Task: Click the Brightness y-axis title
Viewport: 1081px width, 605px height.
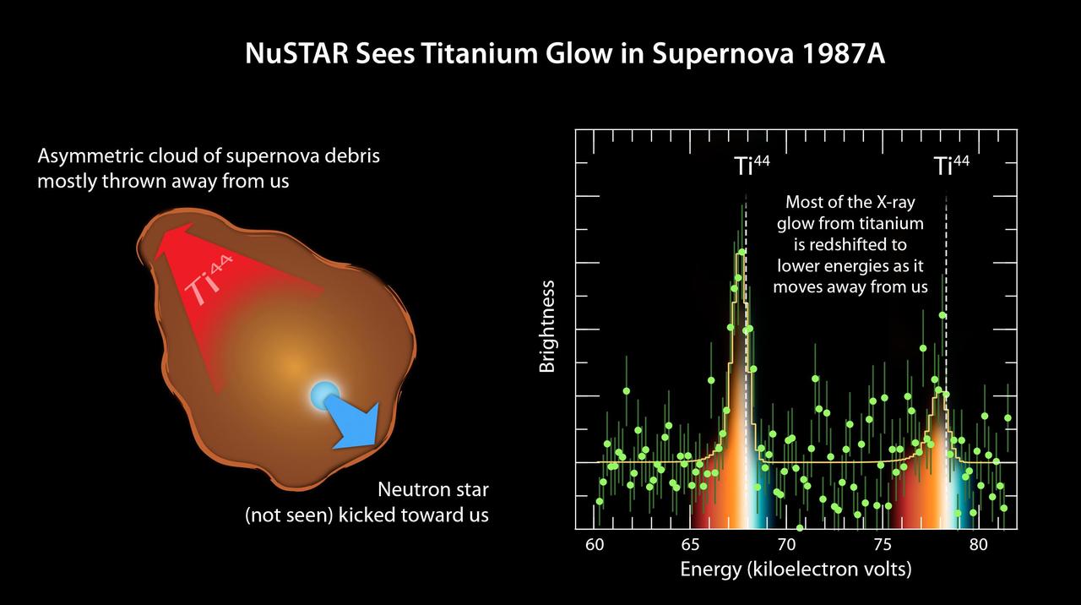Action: pos(547,326)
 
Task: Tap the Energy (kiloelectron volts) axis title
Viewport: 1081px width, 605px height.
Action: pos(796,570)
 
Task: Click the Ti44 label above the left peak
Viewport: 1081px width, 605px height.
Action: pos(751,166)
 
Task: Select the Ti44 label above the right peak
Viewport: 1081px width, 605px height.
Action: pos(951,166)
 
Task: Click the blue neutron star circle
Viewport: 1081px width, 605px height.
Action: pos(323,394)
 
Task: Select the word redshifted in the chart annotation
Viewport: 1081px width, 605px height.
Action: pos(865,245)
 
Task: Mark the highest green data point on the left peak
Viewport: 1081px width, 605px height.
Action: pos(741,252)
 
